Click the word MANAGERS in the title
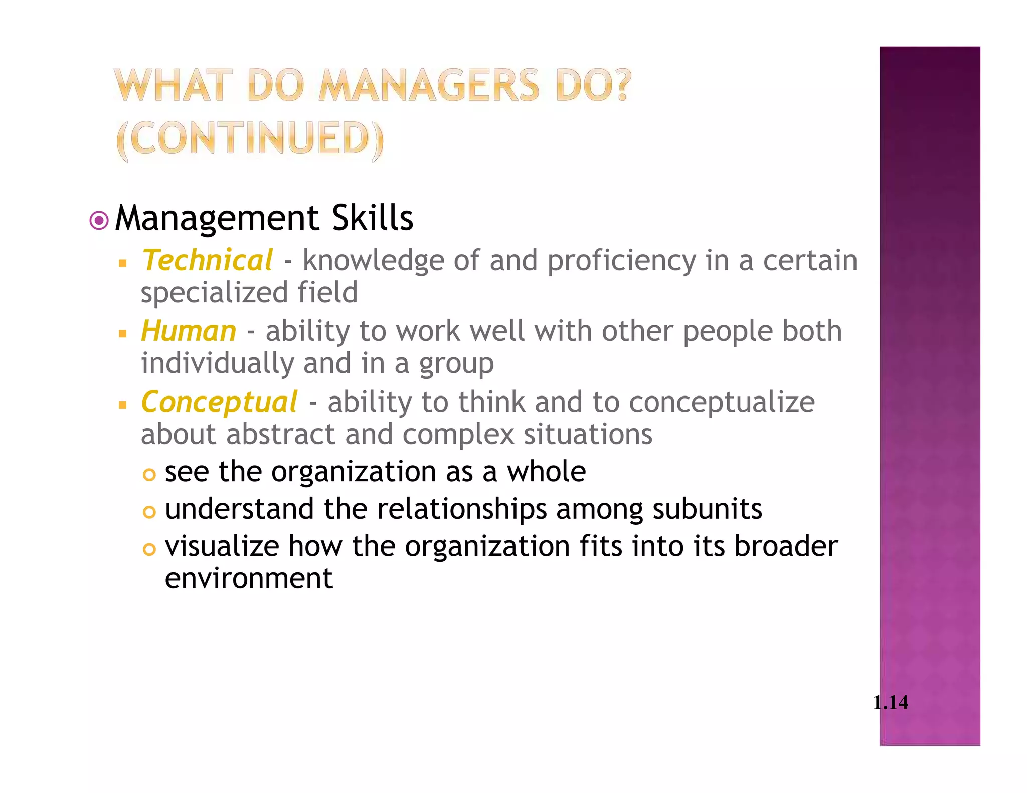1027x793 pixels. (429, 85)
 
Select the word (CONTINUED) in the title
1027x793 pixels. (250, 139)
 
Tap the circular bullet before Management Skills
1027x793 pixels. (99, 220)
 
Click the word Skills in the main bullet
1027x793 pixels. (373, 218)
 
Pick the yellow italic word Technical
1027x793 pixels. (207, 261)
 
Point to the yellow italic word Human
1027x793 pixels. (189, 331)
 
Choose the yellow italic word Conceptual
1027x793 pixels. (219, 402)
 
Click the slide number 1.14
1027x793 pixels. (890, 702)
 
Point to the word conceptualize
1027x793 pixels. (722, 403)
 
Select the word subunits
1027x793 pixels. (707, 509)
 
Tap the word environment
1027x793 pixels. (249, 578)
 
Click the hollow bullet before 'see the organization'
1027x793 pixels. (149, 474)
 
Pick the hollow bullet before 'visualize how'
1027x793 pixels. (149, 550)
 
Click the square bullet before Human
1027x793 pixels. (123, 333)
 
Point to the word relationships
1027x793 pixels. (462, 510)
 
